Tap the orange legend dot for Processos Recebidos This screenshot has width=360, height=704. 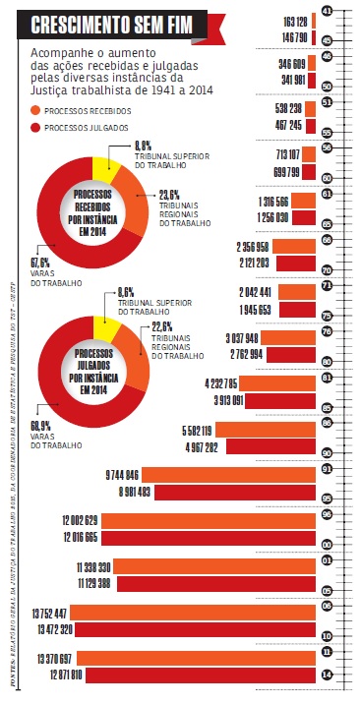tap(36, 111)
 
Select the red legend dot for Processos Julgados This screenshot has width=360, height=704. tap(36, 128)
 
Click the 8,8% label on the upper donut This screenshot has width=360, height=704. tap(142, 146)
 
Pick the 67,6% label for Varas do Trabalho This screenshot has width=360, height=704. tap(41, 262)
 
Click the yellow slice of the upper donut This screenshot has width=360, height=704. tap(106, 170)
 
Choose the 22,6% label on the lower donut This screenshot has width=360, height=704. tap(162, 326)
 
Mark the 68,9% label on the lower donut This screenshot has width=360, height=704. tap(42, 426)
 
